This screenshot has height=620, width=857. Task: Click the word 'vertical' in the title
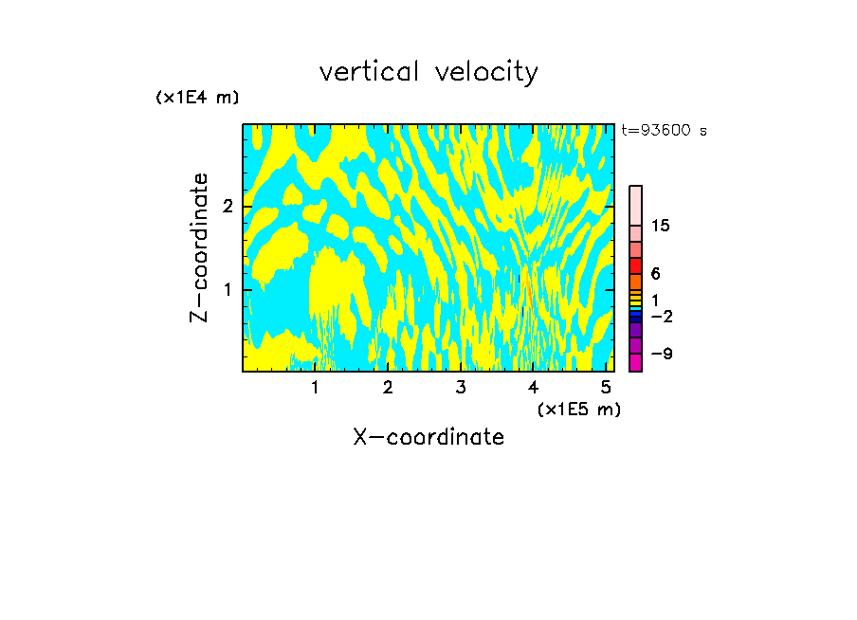click(365, 72)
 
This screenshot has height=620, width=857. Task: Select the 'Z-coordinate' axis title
click(199, 247)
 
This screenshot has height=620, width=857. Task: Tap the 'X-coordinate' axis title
click(428, 437)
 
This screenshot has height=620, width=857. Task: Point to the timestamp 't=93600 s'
click(665, 131)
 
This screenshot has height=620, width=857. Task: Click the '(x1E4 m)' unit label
click(197, 97)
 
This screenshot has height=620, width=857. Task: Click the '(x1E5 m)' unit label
click(578, 409)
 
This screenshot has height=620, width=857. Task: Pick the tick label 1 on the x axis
click(316, 388)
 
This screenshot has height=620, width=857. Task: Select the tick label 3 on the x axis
click(461, 388)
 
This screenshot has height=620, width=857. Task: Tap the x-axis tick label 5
click(606, 388)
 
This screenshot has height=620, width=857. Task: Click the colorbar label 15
click(661, 226)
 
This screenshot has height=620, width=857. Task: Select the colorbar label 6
click(655, 273)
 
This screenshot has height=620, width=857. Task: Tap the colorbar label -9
click(661, 354)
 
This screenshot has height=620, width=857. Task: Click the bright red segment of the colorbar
click(636, 266)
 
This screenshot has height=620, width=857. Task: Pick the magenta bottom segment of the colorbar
click(636, 362)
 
